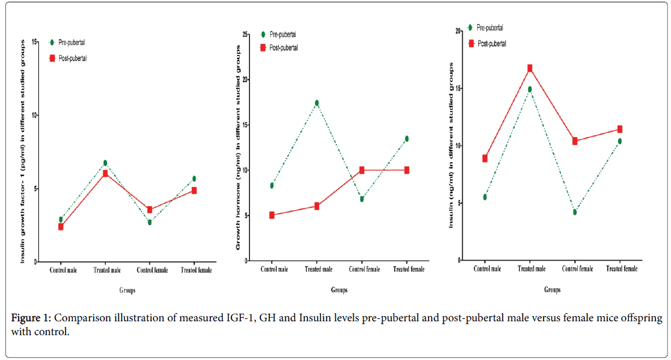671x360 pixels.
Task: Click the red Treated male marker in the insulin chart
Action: coord(529,68)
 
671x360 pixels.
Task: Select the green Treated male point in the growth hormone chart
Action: coord(317,103)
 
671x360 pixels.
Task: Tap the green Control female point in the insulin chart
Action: coord(575,212)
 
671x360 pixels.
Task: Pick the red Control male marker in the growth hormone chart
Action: coord(272,215)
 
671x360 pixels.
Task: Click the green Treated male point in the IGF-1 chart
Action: coord(105,163)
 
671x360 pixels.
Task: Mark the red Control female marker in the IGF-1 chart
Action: coord(149,210)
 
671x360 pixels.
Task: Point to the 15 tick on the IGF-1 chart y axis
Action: coord(35,42)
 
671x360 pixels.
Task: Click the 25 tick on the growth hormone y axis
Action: coord(246,34)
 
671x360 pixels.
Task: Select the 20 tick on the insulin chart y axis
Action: coord(458,31)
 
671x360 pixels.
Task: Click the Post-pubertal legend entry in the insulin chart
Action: coord(492,43)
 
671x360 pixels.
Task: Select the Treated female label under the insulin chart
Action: coord(621,269)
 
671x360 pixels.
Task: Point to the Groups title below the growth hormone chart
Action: coord(339,290)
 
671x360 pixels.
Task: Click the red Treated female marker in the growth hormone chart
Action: coord(407,170)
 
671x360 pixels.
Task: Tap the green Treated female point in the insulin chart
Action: coord(619,141)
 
